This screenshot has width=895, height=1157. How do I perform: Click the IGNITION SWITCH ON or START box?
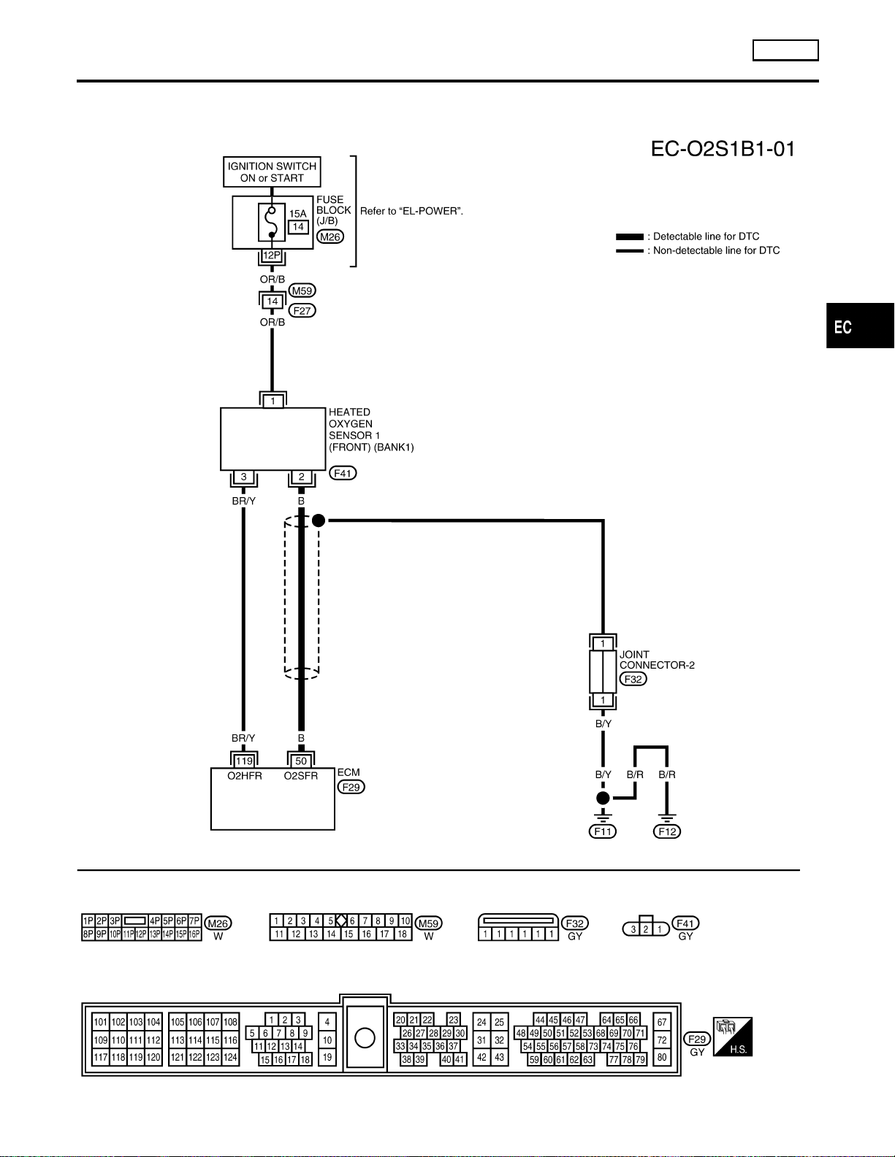coord(272,172)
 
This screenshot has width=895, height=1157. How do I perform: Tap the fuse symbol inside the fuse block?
coord(272,222)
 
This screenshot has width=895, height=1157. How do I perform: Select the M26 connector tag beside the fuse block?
coord(330,237)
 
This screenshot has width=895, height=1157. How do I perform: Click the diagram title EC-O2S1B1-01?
coord(723,149)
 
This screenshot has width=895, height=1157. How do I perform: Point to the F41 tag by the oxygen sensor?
coord(343,473)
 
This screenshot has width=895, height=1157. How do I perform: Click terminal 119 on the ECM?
coord(244,761)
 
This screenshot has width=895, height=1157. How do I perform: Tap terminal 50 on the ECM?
coord(301,761)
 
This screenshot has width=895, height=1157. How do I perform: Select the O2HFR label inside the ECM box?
coord(245,776)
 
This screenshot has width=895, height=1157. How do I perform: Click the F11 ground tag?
coord(603,831)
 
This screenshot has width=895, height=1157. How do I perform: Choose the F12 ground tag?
coord(667,831)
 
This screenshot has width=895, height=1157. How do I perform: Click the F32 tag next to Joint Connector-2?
coord(633,680)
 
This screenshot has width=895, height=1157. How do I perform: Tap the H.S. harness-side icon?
coord(733,1037)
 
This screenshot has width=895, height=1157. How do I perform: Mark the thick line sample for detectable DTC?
coord(630,237)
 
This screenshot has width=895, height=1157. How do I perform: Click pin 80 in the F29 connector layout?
coord(662,1058)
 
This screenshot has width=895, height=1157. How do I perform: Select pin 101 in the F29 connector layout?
coord(101,1022)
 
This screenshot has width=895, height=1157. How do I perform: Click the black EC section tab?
coord(861,326)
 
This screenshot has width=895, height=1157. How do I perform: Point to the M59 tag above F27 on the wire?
coord(302,291)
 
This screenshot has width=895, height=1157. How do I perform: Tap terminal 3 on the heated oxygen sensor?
coord(244,477)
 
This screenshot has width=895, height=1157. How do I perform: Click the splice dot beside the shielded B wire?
coord(319,520)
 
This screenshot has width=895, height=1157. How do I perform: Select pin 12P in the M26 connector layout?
coord(141,934)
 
